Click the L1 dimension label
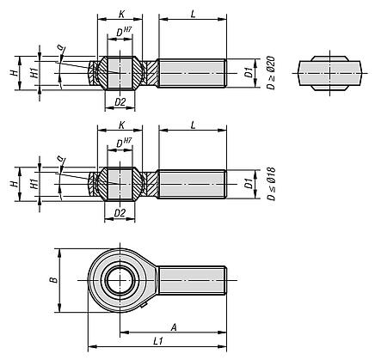(x=158, y=341)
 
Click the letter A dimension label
(x=174, y=327)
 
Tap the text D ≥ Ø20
(x=271, y=73)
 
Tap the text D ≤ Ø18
(x=271, y=184)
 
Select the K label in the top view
(x=121, y=15)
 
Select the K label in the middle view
(x=121, y=125)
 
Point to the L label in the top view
(x=194, y=15)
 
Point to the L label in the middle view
(x=194, y=125)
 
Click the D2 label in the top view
(x=120, y=102)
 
